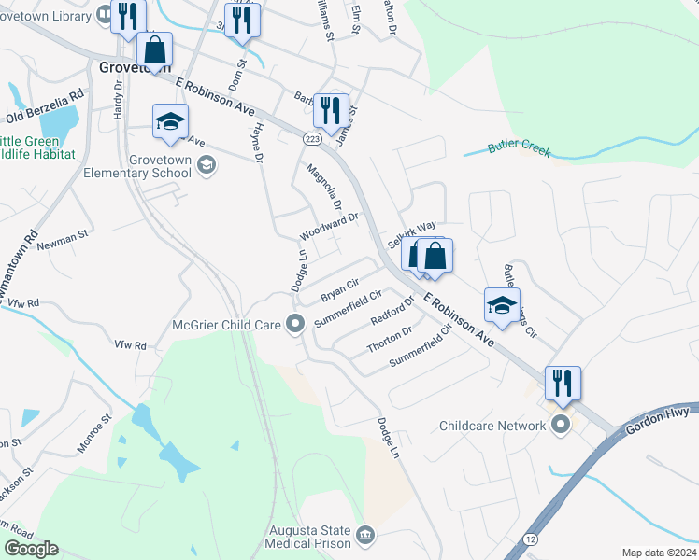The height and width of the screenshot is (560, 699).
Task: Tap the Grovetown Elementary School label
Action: (136, 166)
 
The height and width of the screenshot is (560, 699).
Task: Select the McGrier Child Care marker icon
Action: (296, 325)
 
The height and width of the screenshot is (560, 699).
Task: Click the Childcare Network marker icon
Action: (561, 426)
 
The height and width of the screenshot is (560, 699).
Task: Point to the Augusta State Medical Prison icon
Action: (365, 535)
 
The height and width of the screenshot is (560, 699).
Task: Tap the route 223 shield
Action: (312, 138)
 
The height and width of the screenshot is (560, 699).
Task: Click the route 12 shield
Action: (531, 540)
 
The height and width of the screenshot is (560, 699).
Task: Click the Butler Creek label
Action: (519, 147)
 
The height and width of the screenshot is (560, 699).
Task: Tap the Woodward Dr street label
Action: (329, 225)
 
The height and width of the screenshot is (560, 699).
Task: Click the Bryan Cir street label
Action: (339, 290)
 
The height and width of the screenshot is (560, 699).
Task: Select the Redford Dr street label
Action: (391, 311)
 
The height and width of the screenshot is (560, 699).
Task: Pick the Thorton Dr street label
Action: (390, 340)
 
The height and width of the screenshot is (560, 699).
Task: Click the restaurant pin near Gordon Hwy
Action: (563, 383)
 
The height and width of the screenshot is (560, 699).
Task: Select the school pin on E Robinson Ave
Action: (502, 305)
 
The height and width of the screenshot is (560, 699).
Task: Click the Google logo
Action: (31, 549)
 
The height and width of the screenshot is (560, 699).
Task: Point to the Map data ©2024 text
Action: (658, 553)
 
